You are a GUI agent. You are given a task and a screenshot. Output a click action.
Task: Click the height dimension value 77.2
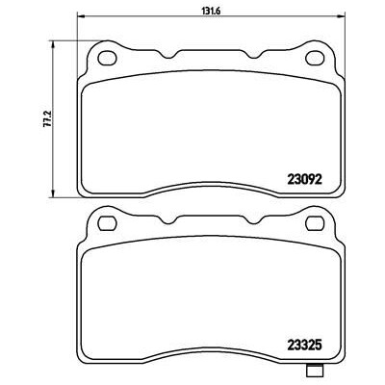[47, 119]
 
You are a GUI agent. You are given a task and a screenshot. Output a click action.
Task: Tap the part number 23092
[304, 180]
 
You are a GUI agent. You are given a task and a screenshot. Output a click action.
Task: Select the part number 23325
[304, 346]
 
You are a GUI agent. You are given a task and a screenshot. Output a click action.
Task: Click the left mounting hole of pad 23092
[107, 58]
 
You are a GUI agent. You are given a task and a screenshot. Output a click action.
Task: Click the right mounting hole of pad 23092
[315, 58]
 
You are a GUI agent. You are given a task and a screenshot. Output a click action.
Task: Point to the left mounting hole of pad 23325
[107, 223]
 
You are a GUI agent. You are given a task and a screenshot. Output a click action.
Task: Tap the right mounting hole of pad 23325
[315, 223]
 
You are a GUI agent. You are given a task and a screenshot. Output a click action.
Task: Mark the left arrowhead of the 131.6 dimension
[82, 15]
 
